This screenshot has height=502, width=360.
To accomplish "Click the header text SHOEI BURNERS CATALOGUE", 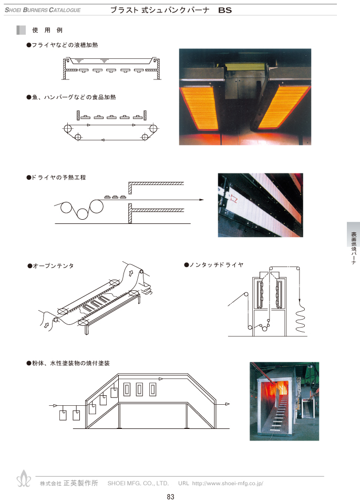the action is pos(43,10).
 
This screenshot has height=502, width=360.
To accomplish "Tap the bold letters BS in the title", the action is pos(225,10).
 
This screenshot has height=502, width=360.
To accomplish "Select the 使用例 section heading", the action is pos(47,30).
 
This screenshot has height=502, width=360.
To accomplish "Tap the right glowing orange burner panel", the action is pos(283,107).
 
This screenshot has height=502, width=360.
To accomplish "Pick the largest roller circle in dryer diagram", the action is pos(96,207).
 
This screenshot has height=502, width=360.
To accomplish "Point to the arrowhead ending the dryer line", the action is pos(202,200).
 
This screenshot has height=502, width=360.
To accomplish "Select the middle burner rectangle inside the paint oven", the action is pos(139,390).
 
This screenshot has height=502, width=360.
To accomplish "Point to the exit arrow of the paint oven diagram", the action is pos(227,404).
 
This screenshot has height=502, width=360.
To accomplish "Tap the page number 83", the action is pos(171,497).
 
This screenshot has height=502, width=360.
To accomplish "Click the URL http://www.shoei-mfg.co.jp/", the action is pos(228,484).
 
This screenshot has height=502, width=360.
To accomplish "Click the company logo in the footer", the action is pos(24,479).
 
